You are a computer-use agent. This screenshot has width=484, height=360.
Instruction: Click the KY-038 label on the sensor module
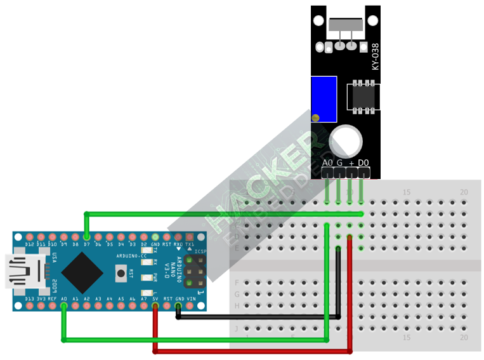(376, 57)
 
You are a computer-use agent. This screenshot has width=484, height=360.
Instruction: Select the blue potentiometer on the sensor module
(324, 98)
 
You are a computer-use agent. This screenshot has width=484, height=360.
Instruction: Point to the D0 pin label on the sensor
(363, 164)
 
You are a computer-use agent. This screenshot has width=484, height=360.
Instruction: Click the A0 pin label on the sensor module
(327, 164)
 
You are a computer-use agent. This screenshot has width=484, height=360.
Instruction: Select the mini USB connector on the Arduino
(19, 271)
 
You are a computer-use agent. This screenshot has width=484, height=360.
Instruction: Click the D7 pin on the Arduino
(87, 236)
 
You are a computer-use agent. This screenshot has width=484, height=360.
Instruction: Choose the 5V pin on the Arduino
(155, 306)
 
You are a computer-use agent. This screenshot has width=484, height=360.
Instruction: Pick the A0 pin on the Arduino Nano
(64, 306)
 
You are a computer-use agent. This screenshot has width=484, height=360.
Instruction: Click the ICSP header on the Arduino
(192, 271)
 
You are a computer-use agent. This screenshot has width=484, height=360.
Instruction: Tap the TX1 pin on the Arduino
(190, 236)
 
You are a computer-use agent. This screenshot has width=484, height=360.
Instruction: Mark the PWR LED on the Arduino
(147, 277)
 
